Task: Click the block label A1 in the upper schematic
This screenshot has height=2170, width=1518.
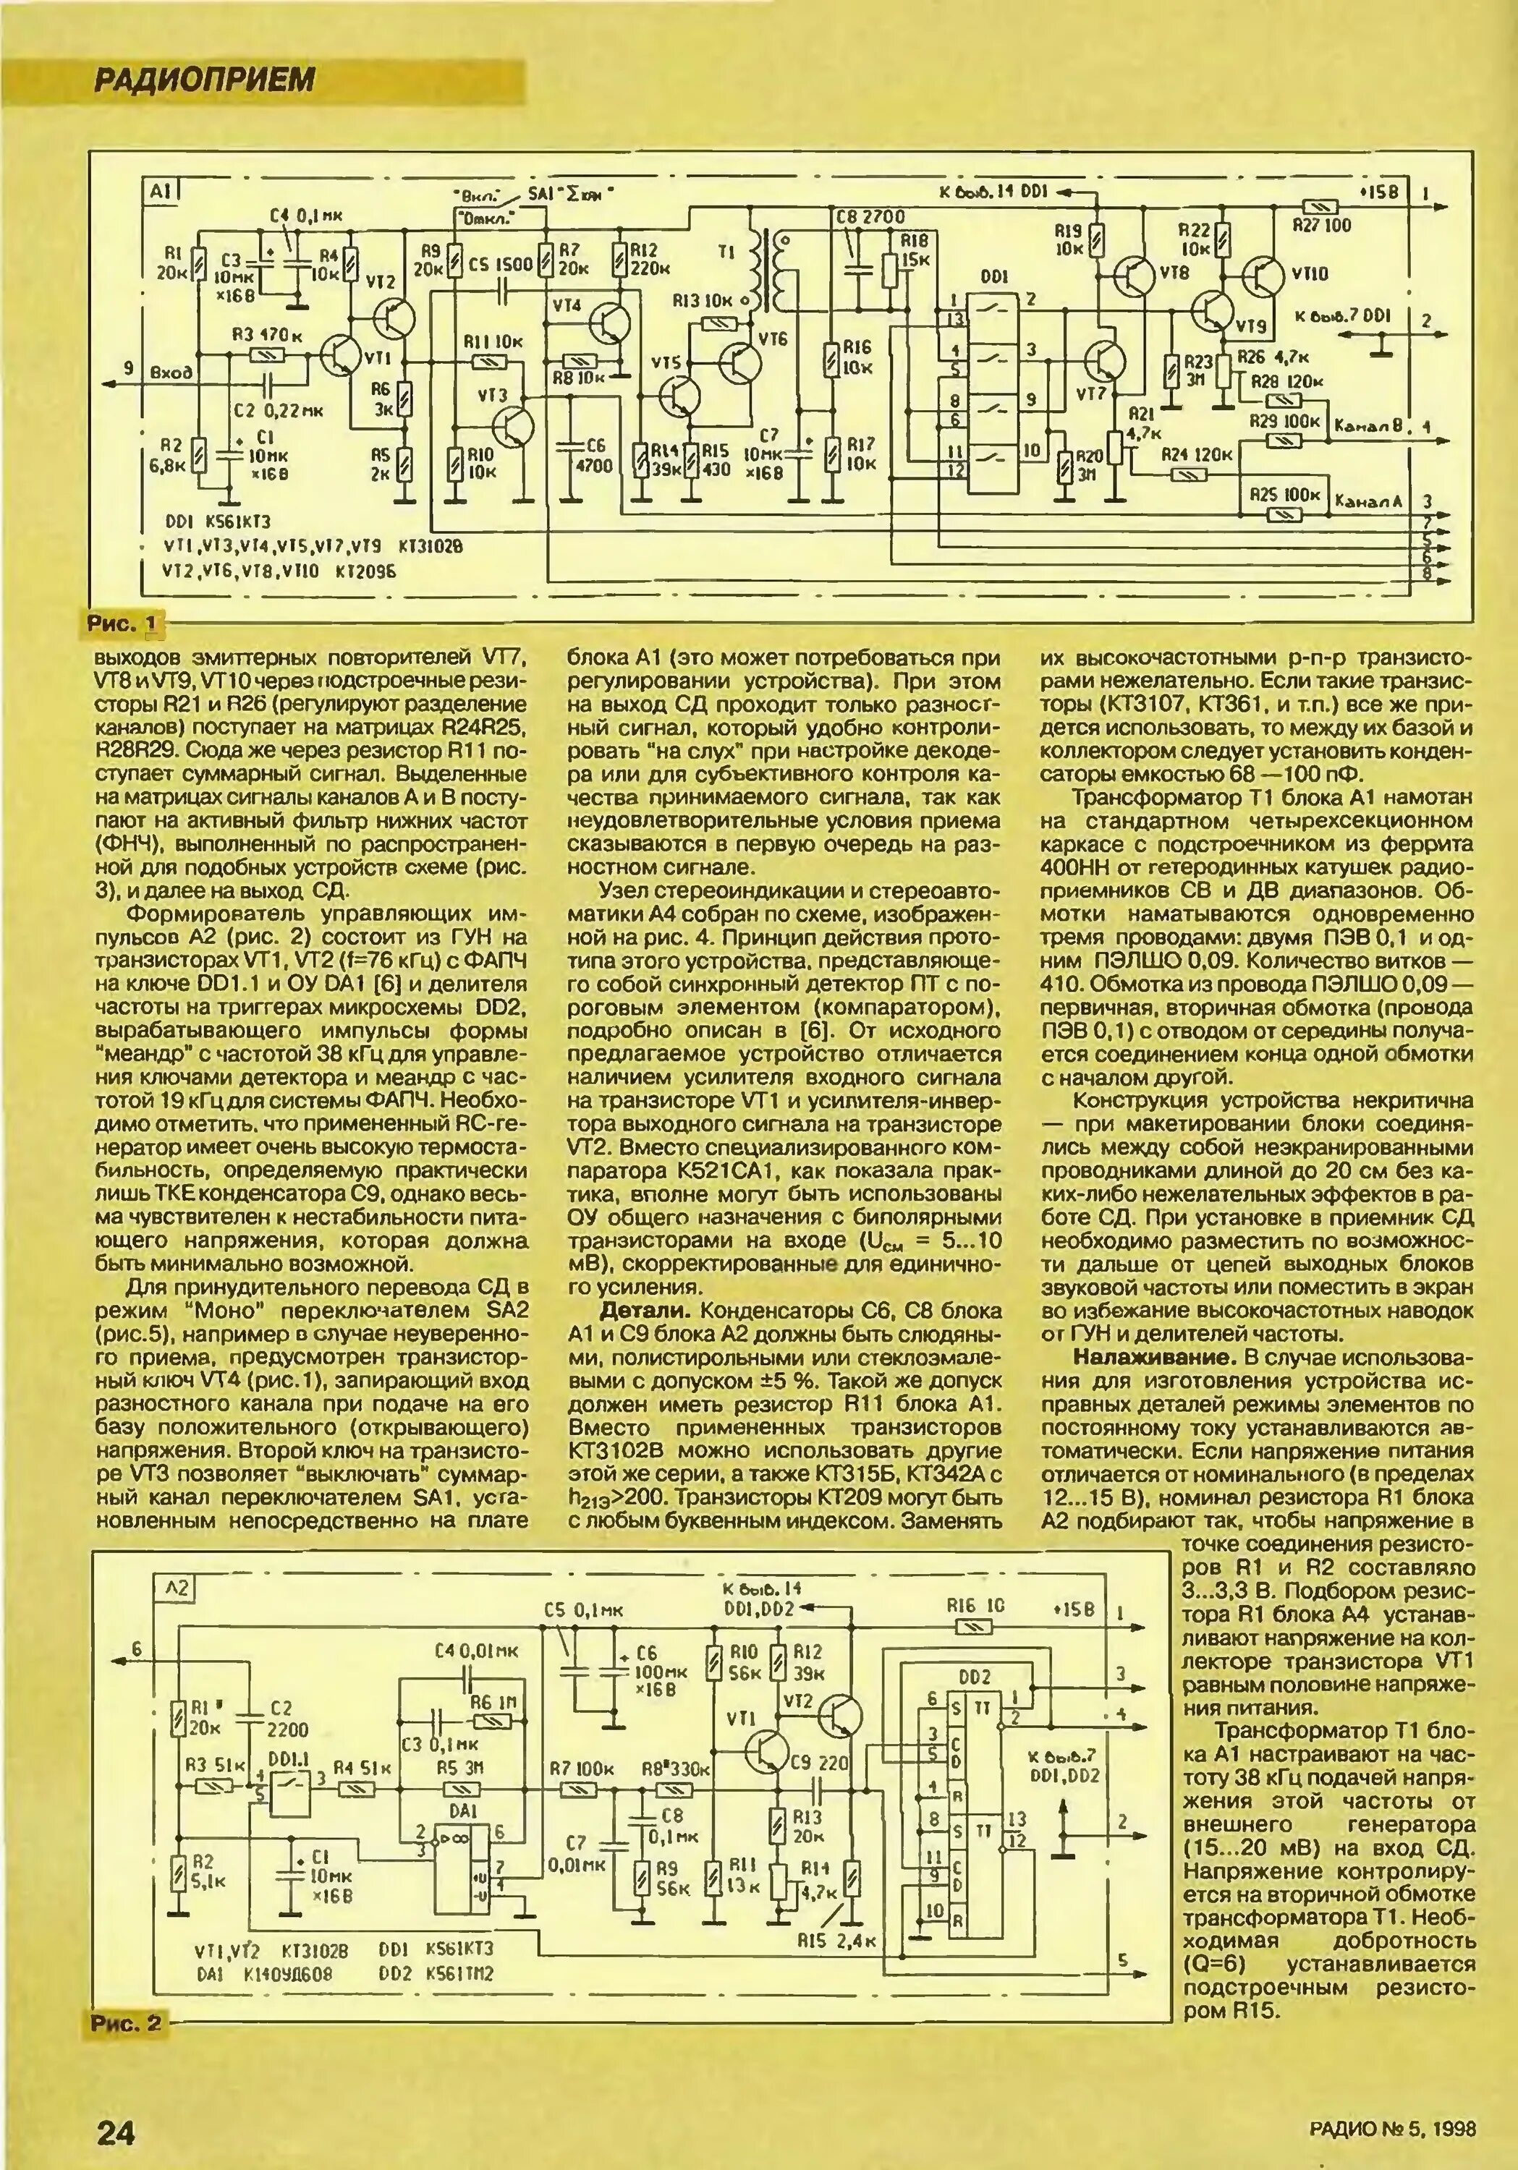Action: [158, 192]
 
